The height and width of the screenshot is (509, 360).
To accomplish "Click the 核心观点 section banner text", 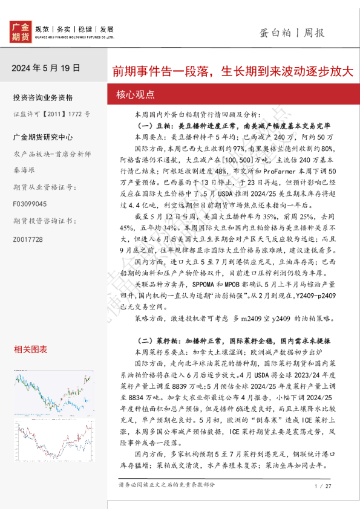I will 135,95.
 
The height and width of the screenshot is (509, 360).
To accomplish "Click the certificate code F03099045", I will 28,205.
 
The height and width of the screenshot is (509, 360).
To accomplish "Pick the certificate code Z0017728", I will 28,239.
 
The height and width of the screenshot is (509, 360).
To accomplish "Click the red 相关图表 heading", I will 30,349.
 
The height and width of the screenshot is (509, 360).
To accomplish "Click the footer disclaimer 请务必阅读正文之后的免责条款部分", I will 166,485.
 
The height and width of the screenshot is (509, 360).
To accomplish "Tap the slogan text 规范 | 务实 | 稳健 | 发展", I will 74,28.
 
